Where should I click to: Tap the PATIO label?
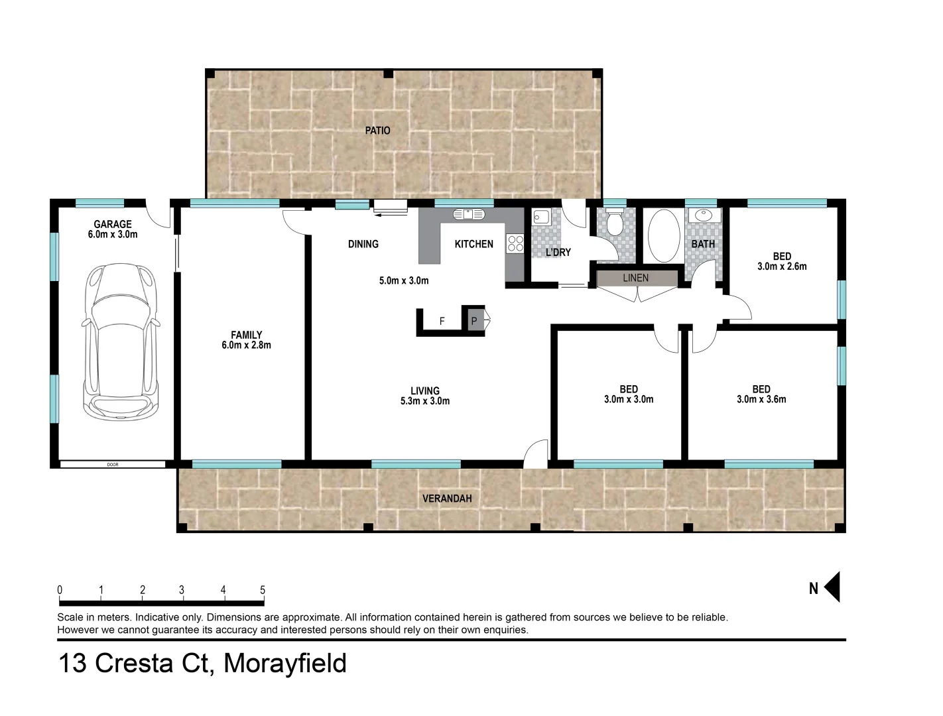click(x=377, y=131)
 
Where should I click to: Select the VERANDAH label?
click(x=447, y=499)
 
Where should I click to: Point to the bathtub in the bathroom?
click(x=663, y=236)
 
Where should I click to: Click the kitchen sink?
click(x=470, y=214)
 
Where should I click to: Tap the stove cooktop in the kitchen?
click(x=515, y=243)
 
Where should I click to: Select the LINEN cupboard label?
click(x=635, y=278)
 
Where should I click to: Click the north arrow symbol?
click(x=832, y=587)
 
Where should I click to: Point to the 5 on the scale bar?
click(x=263, y=590)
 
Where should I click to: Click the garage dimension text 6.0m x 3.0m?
click(x=112, y=234)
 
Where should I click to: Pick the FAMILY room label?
click(x=246, y=335)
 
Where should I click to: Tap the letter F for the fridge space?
click(x=442, y=322)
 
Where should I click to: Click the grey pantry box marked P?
click(x=474, y=322)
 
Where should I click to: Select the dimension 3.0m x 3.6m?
click(x=761, y=399)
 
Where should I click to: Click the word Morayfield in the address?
click(x=285, y=664)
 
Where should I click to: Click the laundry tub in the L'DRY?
click(x=540, y=217)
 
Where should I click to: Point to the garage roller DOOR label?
click(x=112, y=465)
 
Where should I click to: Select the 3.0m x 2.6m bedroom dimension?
click(x=782, y=267)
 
